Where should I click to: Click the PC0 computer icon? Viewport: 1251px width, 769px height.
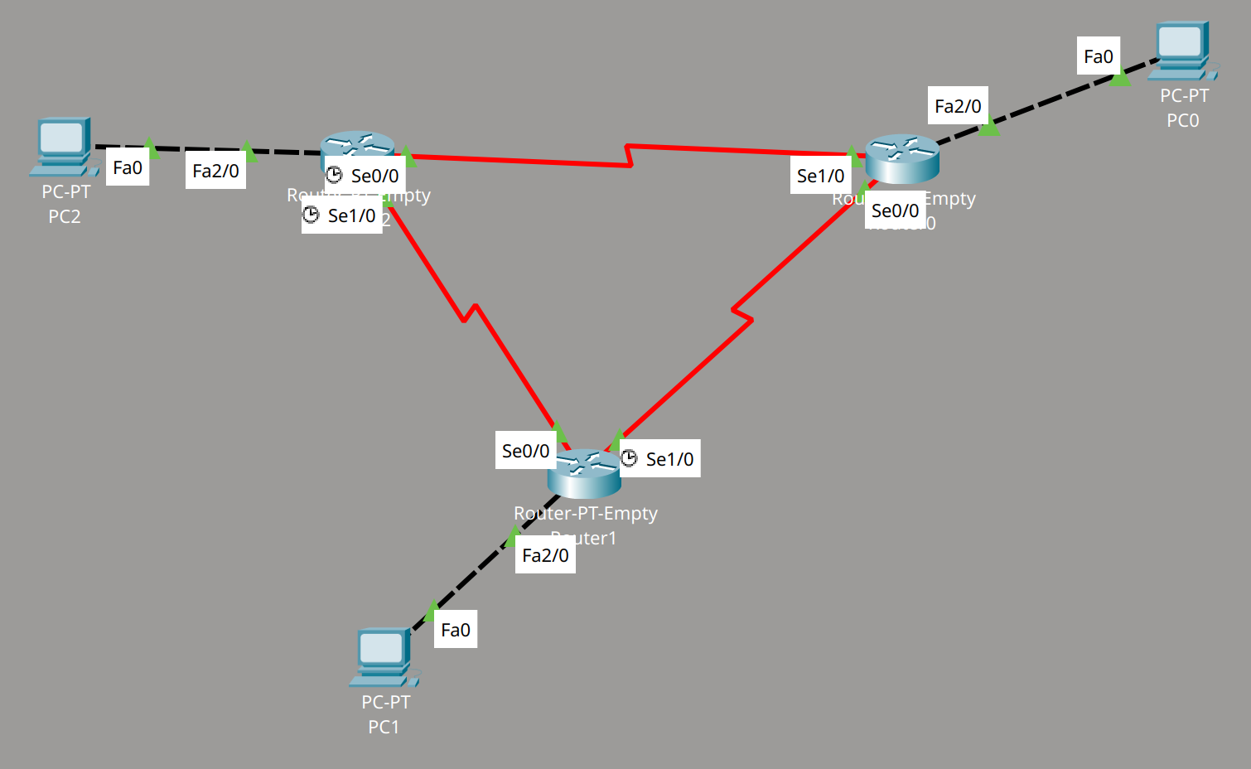(1181, 50)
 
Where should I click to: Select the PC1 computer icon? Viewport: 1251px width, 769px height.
(383, 656)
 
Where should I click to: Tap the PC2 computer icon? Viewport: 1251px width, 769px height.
(63, 146)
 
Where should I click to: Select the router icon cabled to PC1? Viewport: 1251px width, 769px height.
(584, 473)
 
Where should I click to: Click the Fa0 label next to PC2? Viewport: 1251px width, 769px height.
(128, 168)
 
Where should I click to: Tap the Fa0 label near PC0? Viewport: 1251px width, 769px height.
(1099, 56)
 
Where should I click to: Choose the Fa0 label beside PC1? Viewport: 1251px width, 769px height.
(456, 630)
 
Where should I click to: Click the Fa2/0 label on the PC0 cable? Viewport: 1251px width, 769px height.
(958, 106)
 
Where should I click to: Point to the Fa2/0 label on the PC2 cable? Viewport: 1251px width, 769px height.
(215, 172)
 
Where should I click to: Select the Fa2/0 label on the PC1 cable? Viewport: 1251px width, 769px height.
(545, 555)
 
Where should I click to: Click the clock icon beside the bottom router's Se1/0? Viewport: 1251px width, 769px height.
(630, 458)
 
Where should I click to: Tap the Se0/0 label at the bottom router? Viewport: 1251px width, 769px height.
(525, 451)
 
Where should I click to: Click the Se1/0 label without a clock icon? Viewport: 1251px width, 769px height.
(820, 176)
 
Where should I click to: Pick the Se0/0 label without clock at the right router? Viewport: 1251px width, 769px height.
(895, 210)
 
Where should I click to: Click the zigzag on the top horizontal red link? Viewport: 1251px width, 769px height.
(630, 156)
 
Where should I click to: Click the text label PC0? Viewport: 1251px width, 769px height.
(1182, 121)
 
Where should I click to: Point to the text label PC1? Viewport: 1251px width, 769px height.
(384, 728)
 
